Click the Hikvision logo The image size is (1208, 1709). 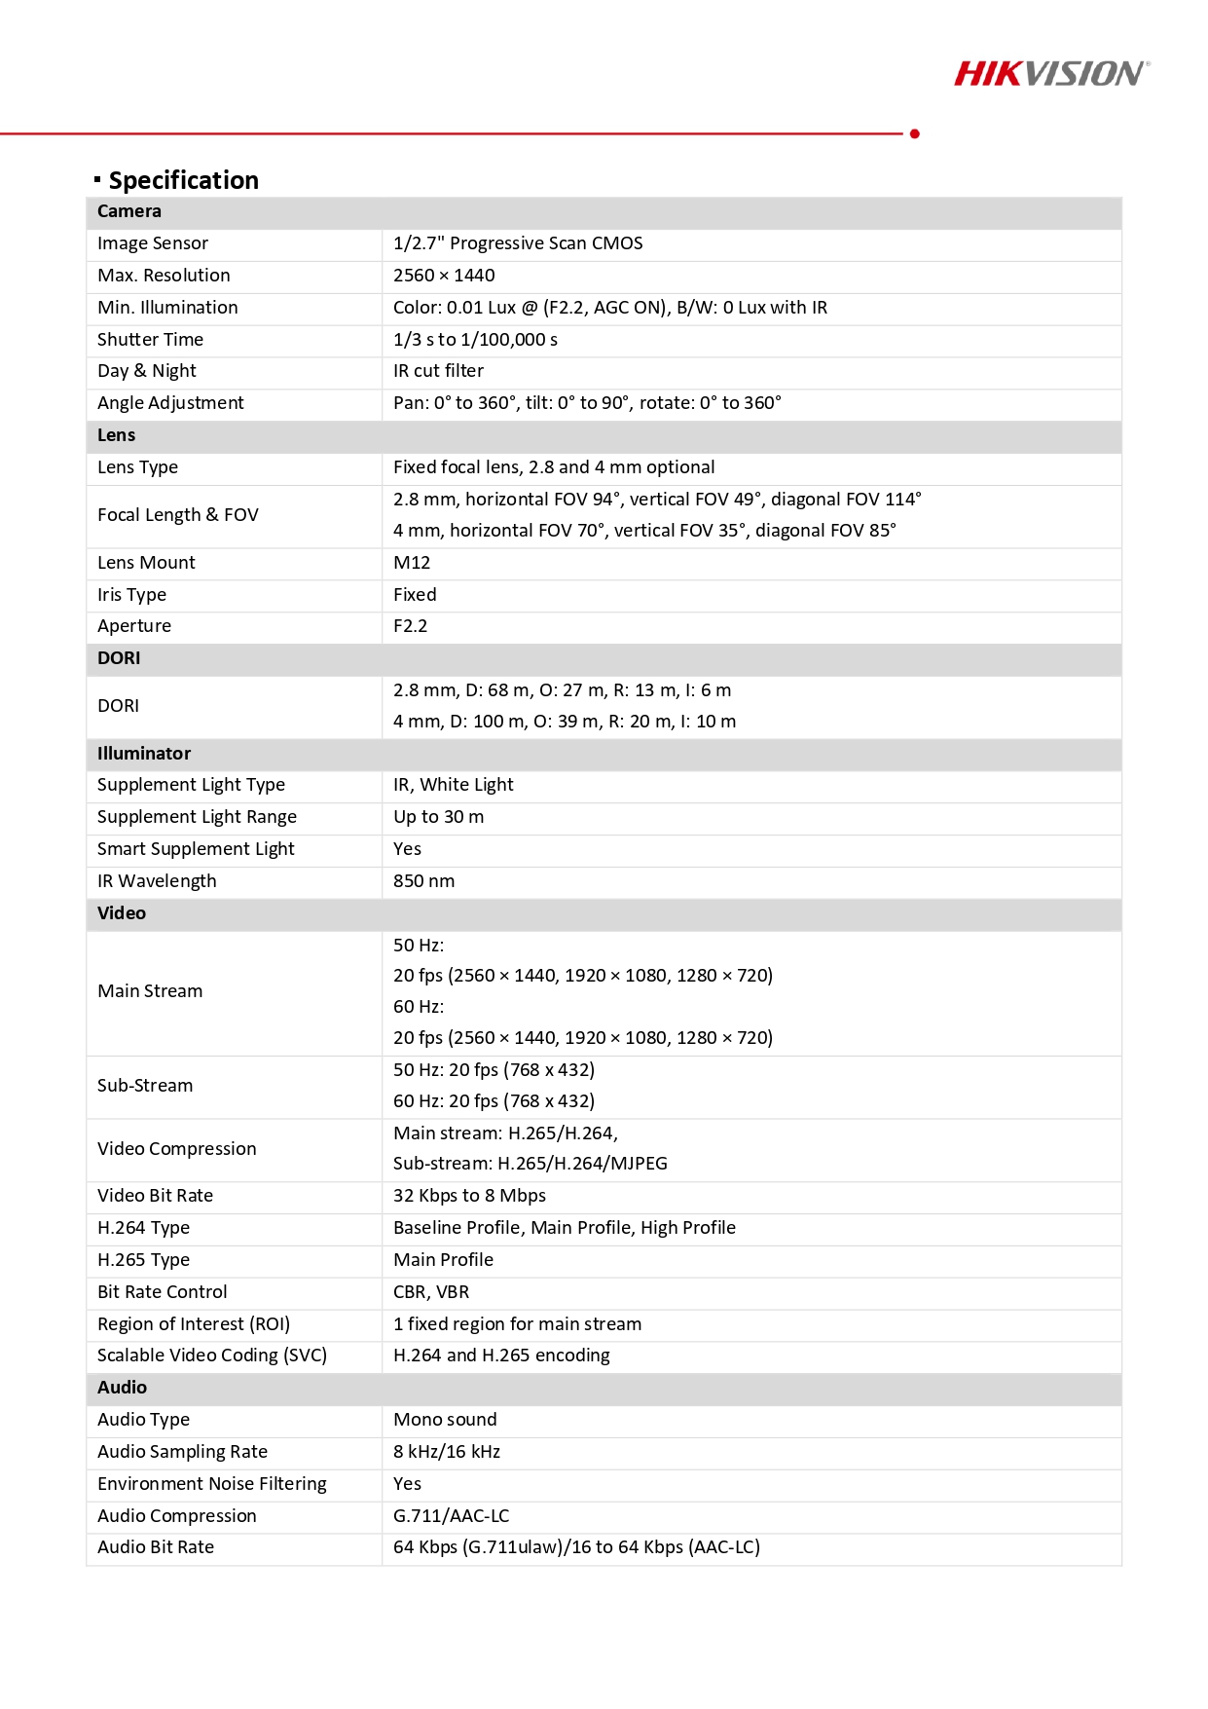pyautogui.click(x=1051, y=74)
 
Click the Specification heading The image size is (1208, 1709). pyautogui.click(x=183, y=180)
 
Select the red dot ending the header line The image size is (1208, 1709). pyautogui.click(x=914, y=133)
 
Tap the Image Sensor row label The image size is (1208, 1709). pyautogui.click(x=153, y=243)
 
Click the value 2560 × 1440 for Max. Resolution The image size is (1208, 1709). pyautogui.click(x=444, y=276)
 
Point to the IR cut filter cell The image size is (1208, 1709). pyautogui.click(x=438, y=371)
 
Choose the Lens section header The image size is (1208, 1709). pyautogui.click(x=117, y=435)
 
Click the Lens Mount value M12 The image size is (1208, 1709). pyautogui.click(x=412, y=563)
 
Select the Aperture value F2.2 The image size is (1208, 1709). pyautogui.click(x=410, y=626)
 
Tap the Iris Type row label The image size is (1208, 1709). pyautogui.click(x=131, y=595)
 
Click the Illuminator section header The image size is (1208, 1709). pyautogui.click(x=144, y=754)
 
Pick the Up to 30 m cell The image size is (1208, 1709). pyautogui.click(x=438, y=817)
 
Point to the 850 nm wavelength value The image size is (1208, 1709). pyautogui.click(x=423, y=881)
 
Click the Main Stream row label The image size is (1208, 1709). pyautogui.click(x=150, y=991)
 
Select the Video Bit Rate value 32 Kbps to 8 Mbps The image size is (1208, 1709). pyautogui.click(x=469, y=1196)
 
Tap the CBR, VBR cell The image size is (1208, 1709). pyautogui.click(x=431, y=1292)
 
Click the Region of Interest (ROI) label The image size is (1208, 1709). pyautogui.click(x=194, y=1324)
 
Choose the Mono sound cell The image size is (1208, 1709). pyautogui.click(x=445, y=1420)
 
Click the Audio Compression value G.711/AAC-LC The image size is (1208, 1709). pyautogui.click(x=451, y=1516)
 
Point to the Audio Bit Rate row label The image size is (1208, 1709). pyautogui.click(x=156, y=1547)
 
